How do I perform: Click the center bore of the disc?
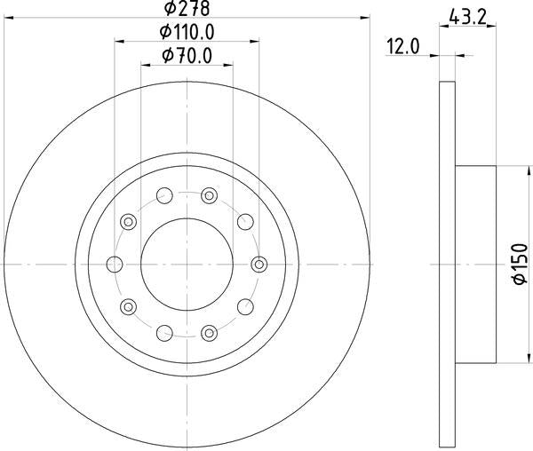point(187,264)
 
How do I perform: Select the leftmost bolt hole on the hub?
point(114,264)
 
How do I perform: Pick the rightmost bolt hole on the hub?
point(259,264)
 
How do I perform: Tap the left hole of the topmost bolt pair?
point(163,195)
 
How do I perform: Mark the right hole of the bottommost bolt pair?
point(209,332)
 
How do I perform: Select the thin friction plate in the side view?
point(447,264)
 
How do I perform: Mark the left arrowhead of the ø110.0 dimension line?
point(119,41)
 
